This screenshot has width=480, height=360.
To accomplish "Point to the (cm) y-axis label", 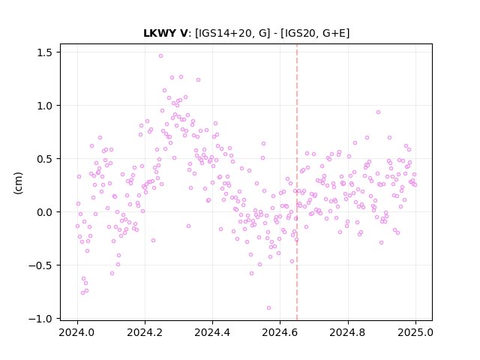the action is pyautogui.click(x=18, y=183).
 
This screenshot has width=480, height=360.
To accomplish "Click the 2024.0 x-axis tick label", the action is pyautogui.click(x=77, y=332).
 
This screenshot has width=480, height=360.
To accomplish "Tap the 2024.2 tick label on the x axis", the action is pyautogui.click(x=145, y=332).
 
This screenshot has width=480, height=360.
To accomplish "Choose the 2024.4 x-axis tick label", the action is pyautogui.click(x=212, y=332).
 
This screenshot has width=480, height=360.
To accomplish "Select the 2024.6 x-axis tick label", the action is pyautogui.click(x=280, y=332).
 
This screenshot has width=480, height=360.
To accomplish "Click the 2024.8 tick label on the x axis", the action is pyautogui.click(x=348, y=332).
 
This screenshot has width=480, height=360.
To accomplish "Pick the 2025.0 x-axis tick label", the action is pyautogui.click(x=415, y=332).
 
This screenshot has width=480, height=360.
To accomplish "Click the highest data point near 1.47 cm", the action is pyautogui.click(x=160, y=56).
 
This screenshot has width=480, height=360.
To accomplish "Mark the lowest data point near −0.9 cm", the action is pyautogui.click(x=268, y=308).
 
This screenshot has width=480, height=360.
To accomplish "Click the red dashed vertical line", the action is pyautogui.click(x=297, y=182).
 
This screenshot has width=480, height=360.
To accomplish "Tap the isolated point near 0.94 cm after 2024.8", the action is pyautogui.click(x=378, y=112).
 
